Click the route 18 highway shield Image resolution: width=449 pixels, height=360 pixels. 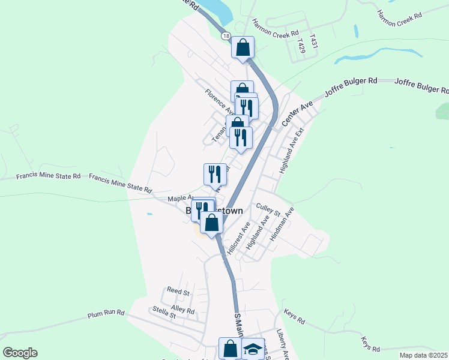(x=225, y=37)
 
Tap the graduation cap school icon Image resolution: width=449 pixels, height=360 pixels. (x=253, y=349)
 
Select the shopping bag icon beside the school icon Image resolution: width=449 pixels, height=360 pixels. (x=230, y=348)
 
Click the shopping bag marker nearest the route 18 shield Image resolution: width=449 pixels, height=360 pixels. (x=243, y=47)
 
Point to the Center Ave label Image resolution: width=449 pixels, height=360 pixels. (x=298, y=113)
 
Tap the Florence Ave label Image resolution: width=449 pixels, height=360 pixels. (x=218, y=101)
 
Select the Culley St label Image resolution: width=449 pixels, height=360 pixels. (x=268, y=209)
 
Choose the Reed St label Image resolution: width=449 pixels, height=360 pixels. (x=178, y=292)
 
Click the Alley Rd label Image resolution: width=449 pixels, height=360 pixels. (x=183, y=310)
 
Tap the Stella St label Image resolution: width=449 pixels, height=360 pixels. (x=164, y=312)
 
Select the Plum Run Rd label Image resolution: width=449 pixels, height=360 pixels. (x=106, y=313)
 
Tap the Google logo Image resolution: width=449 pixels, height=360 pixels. (x=20, y=353)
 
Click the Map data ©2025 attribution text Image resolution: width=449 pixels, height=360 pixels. (x=423, y=355)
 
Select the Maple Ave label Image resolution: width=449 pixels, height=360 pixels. (x=179, y=197)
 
